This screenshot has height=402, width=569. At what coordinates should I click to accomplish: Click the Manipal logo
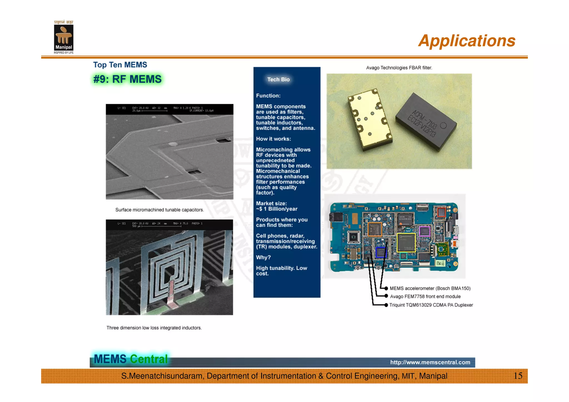pos(64,38)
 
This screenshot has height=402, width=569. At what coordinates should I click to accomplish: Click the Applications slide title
pos(467,41)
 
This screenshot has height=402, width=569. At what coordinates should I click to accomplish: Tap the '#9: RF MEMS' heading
pos(127,79)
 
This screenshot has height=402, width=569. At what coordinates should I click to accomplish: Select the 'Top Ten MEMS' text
pos(120,65)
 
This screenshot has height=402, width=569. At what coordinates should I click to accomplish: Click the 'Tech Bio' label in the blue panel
pos(278,79)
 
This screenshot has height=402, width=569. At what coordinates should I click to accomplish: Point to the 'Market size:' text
pos(271,203)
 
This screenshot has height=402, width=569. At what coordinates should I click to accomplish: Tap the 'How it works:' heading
pos(273,139)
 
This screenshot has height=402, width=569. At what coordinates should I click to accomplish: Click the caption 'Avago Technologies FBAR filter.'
pos(399,68)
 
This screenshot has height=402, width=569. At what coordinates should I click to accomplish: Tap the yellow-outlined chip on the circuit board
pos(406,243)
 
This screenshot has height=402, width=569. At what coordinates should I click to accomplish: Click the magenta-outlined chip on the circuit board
pos(425,231)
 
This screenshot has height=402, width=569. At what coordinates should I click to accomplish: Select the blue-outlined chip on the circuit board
pos(381,252)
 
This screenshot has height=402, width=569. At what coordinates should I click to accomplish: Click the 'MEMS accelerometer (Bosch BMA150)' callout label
pos(430,288)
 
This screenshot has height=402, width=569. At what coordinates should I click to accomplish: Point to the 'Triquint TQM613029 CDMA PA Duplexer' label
pos(431,305)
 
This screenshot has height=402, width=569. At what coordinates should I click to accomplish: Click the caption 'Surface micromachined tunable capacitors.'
pos(159,210)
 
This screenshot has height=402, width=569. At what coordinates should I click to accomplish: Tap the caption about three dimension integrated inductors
pos(154,328)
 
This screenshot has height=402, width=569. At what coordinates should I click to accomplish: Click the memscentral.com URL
pos(430,362)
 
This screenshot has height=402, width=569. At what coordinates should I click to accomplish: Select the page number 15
pos(518,376)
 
